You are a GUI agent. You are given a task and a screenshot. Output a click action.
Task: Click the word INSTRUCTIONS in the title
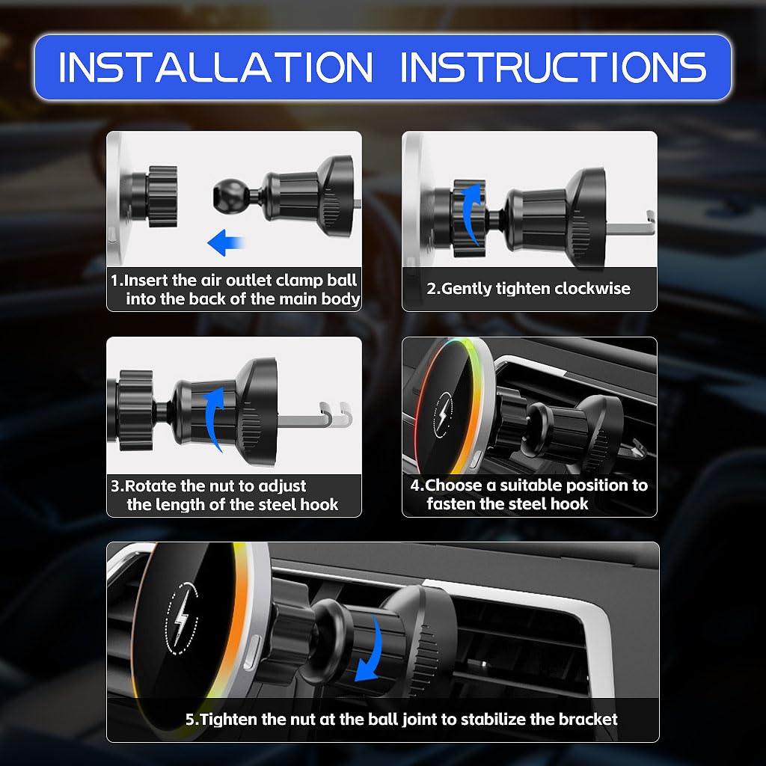pyautogui.click(x=554, y=67)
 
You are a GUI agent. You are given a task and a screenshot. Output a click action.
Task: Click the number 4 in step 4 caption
pyautogui.click(x=415, y=485)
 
